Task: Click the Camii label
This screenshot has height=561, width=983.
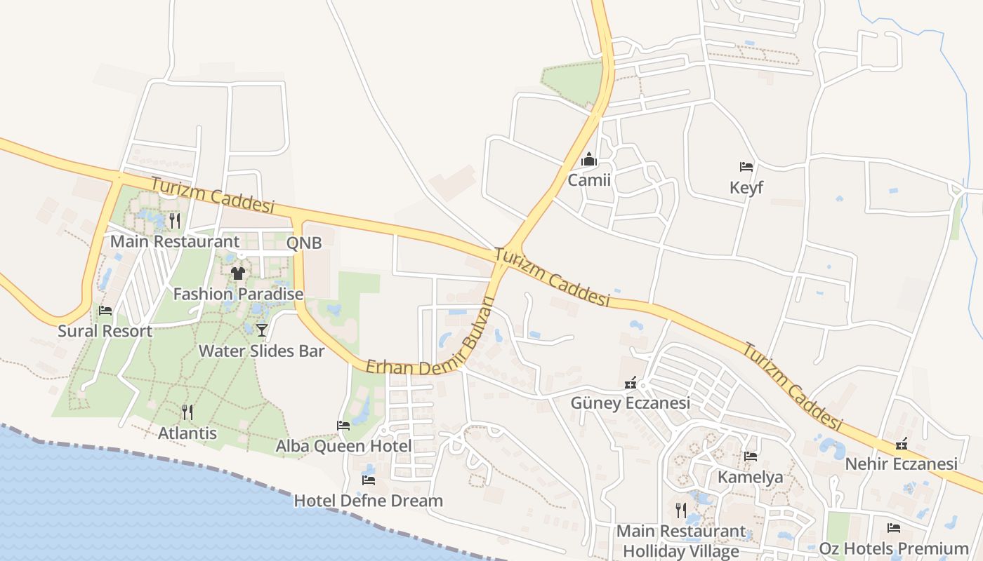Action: [589, 180]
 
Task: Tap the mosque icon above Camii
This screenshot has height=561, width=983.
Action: [589, 160]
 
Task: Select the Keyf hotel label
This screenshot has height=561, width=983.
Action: [746, 188]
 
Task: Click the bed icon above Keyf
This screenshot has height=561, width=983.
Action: [746, 167]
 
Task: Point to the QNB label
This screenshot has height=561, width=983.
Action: [304, 243]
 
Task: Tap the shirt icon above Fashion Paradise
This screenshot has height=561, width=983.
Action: [238, 273]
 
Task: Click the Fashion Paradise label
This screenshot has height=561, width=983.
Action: [238, 294]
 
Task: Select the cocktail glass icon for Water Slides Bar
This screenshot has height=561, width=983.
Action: [262, 330]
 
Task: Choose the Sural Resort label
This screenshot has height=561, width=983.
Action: [105, 331]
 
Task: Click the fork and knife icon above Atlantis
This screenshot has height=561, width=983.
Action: [187, 412]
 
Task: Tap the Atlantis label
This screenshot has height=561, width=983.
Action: [187, 433]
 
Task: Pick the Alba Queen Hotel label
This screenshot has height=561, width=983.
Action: [343, 446]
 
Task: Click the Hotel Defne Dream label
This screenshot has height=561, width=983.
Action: [368, 501]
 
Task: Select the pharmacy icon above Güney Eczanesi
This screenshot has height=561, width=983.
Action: [631, 383]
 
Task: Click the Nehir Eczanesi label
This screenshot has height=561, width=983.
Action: [901, 464]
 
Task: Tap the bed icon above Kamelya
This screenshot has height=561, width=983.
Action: [750, 457]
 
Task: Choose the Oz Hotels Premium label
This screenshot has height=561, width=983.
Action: [894, 548]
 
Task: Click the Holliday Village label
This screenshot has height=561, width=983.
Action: [680, 551]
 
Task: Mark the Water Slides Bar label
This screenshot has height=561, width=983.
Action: [261, 351]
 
